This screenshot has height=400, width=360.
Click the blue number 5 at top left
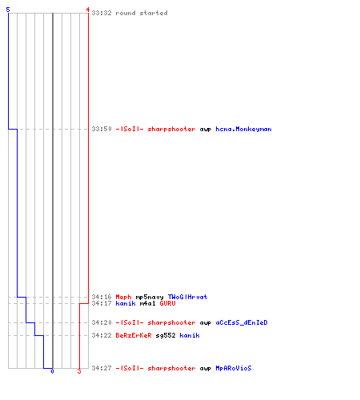(x=8, y=10)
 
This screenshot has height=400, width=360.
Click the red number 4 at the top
(x=87, y=10)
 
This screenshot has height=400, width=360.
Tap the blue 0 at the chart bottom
(x=52, y=371)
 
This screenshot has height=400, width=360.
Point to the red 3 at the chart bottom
(x=79, y=371)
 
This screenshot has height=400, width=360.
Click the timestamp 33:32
(x=102, y=13)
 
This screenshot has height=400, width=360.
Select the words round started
(x=142, y=13)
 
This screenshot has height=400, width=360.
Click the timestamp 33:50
(x=102, y=129)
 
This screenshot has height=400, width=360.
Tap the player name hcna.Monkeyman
(x=243, y=130)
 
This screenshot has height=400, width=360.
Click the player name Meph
(x=123, y=297)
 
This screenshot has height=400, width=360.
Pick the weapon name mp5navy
(x=150, y=298)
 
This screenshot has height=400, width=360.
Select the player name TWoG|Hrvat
(x=187, y=297)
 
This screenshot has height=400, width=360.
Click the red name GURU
(x=167, y=303)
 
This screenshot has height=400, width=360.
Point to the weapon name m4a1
(x=147, y=303)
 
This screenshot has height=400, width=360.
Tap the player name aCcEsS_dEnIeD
(x=242, y=322)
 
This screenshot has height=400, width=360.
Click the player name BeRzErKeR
(x=134, y=335)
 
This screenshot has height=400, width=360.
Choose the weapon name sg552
(x=166, y=335)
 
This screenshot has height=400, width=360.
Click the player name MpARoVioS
(x=234, y=368)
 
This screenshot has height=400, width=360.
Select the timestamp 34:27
(x=102, y=368)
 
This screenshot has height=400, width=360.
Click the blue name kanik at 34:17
(x=126, y=303)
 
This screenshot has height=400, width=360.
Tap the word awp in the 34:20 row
(x=206, y=323)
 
